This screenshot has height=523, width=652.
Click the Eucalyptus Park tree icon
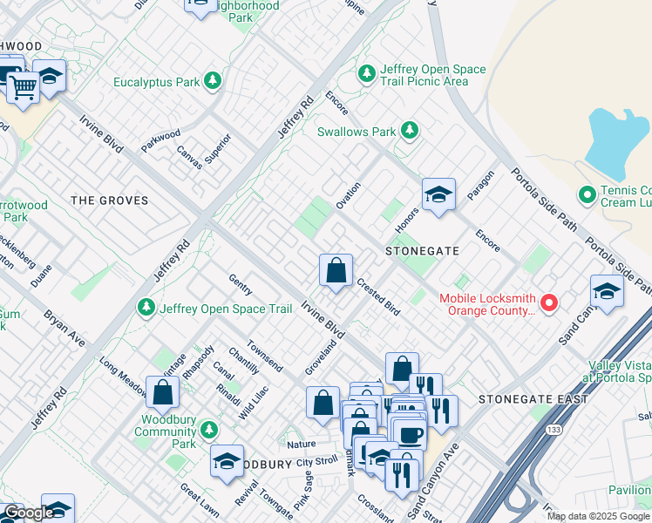point(212,82)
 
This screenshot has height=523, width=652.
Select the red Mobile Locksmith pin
point(549,303)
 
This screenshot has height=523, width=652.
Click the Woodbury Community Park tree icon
point(208,429)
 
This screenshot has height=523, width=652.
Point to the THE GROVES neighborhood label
point(109,200)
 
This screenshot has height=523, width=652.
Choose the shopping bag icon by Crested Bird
point(336,270)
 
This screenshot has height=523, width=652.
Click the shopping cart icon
point(23,85)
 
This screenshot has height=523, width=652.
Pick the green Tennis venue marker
point(587,194)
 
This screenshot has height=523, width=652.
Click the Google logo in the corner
point(28,513)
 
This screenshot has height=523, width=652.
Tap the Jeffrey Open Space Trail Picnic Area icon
point(367,71)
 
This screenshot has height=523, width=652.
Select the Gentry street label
point(240,283)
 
